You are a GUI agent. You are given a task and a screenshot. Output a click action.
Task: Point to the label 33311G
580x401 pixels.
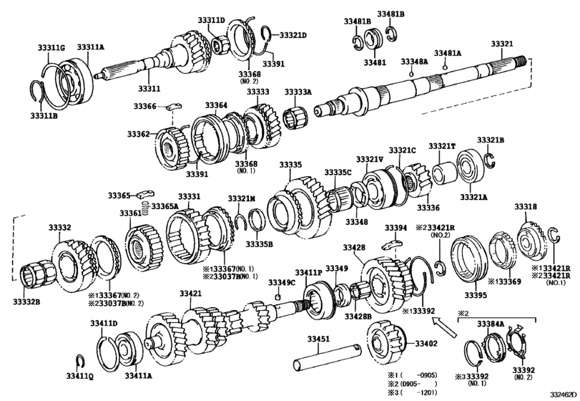(x=51, y=47)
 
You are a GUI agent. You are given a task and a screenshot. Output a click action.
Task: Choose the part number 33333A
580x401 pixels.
(x=298, y=92)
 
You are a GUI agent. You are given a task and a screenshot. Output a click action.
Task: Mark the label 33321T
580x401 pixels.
(x=442, y=146)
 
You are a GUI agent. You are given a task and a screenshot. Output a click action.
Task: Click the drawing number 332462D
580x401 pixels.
(x=564, y=394)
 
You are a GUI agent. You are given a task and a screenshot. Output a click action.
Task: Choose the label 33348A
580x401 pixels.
(x=414, y=62)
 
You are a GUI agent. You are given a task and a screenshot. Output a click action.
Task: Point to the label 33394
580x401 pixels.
(x=395, y=228)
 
